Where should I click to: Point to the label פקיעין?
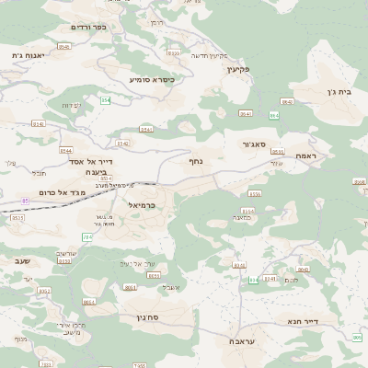pos(238,69)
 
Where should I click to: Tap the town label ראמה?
pos(306,156)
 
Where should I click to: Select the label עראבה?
pos(243,341)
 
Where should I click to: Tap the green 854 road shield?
pos(106,98)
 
